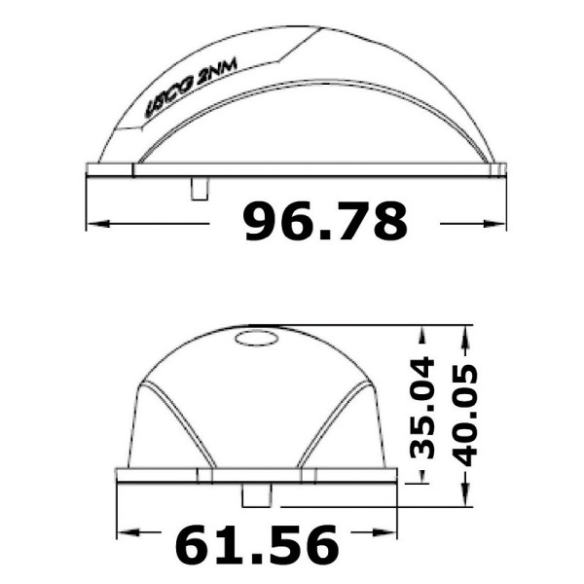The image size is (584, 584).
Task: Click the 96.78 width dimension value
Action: [x=325, y=221]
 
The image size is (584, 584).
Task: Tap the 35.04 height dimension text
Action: [x=422, y=408]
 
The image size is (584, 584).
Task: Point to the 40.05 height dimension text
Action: [x=464, y=416]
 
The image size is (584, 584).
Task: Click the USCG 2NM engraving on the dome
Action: [x=191, y=89]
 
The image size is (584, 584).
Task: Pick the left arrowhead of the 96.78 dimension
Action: [x=98, y=224]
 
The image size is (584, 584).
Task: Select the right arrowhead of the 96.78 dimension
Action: [x=494, y=224]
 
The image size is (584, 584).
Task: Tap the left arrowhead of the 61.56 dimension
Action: [x=128, y=532]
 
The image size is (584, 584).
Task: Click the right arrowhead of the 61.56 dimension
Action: [x=385, y=532]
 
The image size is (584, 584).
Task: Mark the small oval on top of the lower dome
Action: [x=257, y=338]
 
